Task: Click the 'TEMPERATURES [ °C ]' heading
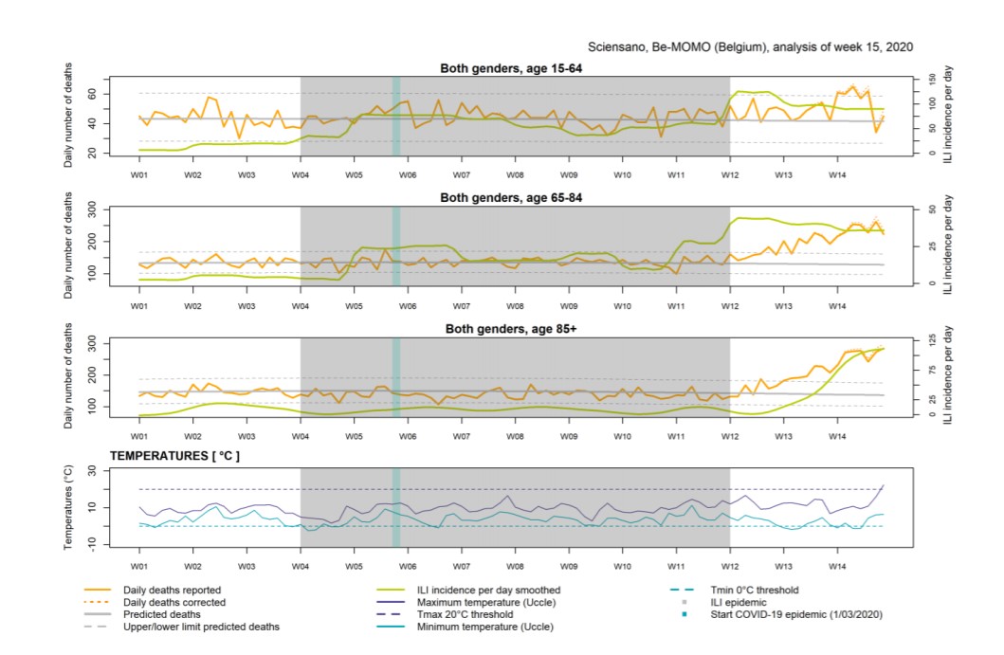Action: tap(174, 456)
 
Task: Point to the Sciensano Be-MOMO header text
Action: tap(751, 46)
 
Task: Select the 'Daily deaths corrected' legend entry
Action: tap(174, 602)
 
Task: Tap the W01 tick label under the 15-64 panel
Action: tap(138, 175)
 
